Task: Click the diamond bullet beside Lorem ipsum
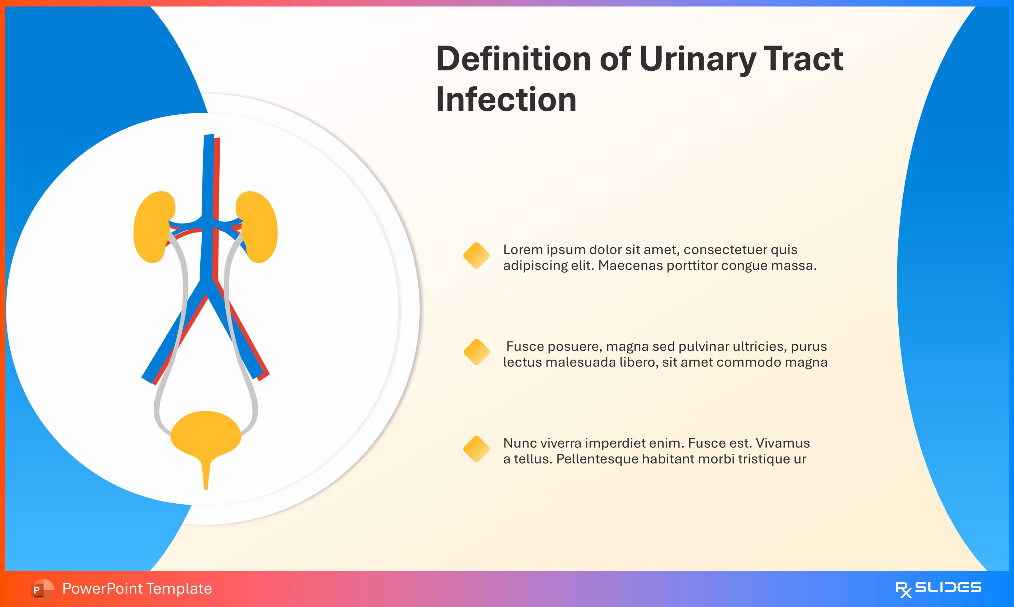[476, 256]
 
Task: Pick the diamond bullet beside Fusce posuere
[476, 352]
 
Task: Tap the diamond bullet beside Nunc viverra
[476, 449]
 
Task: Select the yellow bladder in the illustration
[206, 434]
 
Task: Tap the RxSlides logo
[938, 589]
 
